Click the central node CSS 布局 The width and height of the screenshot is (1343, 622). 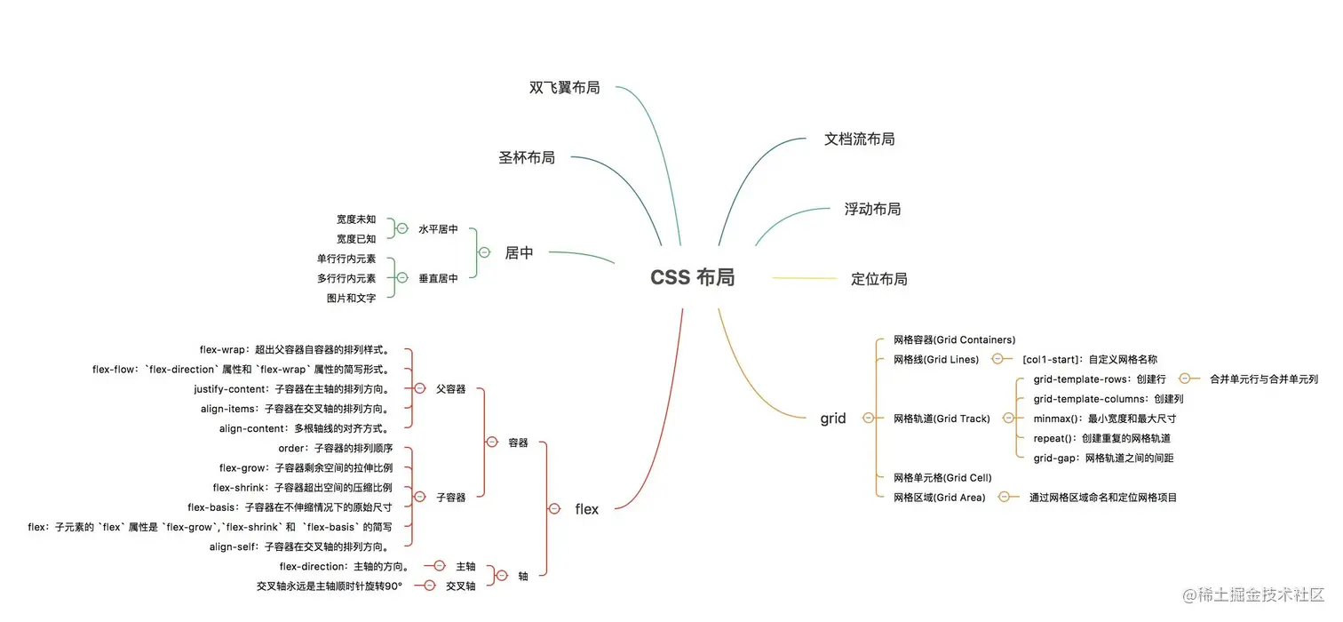click(x=692, y=278)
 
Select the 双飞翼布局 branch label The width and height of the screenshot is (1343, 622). click(x=564, y=88)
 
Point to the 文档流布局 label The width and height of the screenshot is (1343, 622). click(x=859, y=140)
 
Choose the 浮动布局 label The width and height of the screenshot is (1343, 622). click(x=872, y=210)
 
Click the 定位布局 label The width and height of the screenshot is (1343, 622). click(x=878, y=279)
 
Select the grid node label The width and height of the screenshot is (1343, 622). click(x=833, y=419)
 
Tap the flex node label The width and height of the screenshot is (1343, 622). click(x=586, y=509)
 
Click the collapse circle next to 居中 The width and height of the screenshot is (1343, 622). click(x=484, y=252)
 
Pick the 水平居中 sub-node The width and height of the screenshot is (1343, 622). click(x=438, y=229)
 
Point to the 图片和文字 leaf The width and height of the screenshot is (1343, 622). click(x=351, y=299)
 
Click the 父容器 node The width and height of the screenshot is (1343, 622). click(x=450, y=389)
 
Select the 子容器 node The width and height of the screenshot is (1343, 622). click(x=450, y=498)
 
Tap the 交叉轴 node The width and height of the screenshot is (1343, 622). click(x=460, y=586)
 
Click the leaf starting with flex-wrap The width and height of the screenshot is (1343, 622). click(x=296, y=350)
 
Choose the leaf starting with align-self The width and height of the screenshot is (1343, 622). click(x=300, y=547)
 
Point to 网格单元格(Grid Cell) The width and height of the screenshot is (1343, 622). click(x=942, y=478)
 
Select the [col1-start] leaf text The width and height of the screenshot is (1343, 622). click(x=1089, y=360)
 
